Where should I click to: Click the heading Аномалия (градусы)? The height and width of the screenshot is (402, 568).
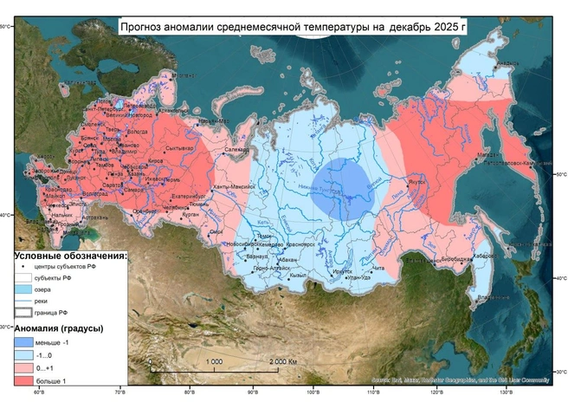[58, 329]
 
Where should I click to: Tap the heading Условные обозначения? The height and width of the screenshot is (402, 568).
[69, 256]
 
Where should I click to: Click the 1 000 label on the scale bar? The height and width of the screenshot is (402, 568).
[214, 361]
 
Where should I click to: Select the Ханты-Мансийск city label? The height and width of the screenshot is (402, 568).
[232, 188]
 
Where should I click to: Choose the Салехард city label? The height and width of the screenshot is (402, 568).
[237, 151]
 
